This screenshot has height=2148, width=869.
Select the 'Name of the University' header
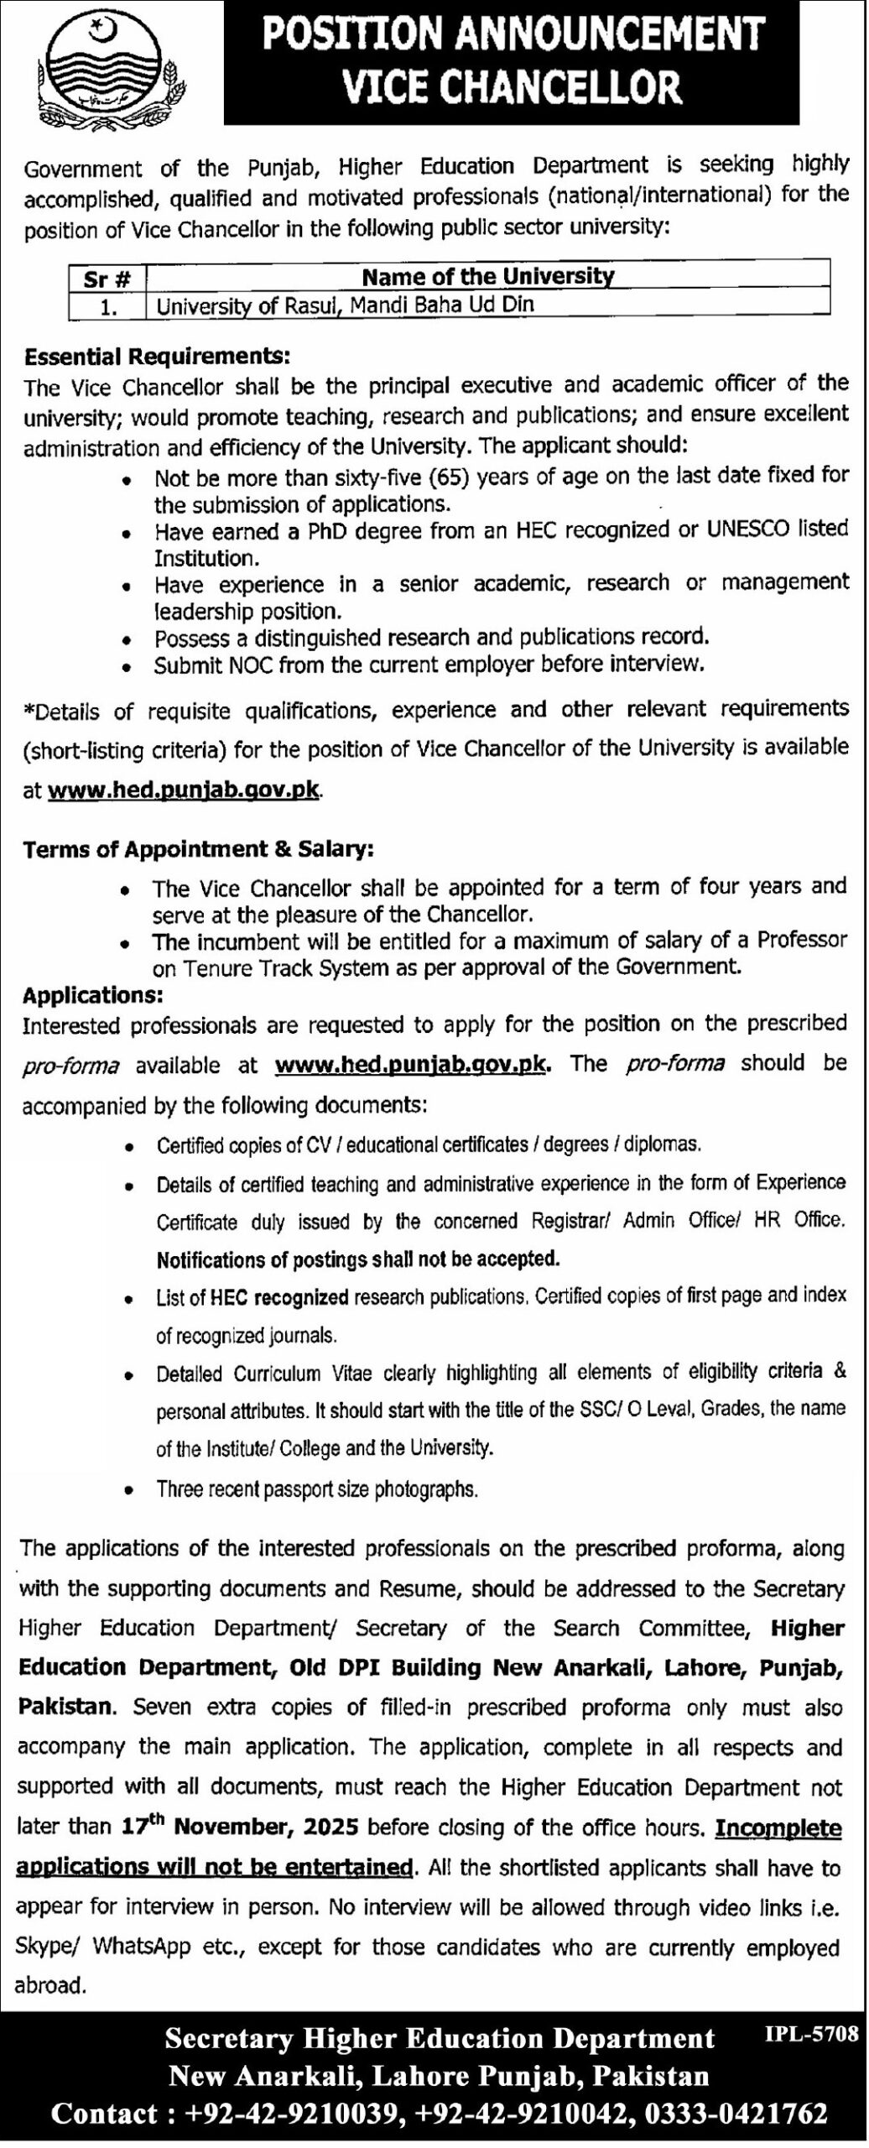click(x=487, y=276)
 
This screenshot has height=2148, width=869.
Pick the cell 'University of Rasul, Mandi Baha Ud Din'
click(x=345, y=304)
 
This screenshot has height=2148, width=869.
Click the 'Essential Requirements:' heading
click(x=157, y=356)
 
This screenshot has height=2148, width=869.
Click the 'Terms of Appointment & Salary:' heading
click(x=198, y=849)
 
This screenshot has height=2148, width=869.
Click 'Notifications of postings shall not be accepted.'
click(x=357, y=1259)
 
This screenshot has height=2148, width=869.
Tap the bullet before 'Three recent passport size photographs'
click(x=127, y=1490)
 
